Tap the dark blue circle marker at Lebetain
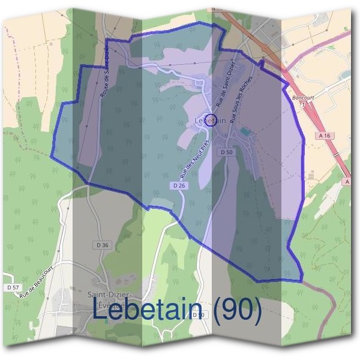(x=211, y=119)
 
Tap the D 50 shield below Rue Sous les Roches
(x=226, y=152)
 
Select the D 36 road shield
(x=103, y=245)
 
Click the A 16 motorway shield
(x=325, y=136)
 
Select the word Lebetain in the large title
(x=147, y=310)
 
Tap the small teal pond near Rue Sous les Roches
(x=243, y=131)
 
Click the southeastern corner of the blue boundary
(x=302, y=280)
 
